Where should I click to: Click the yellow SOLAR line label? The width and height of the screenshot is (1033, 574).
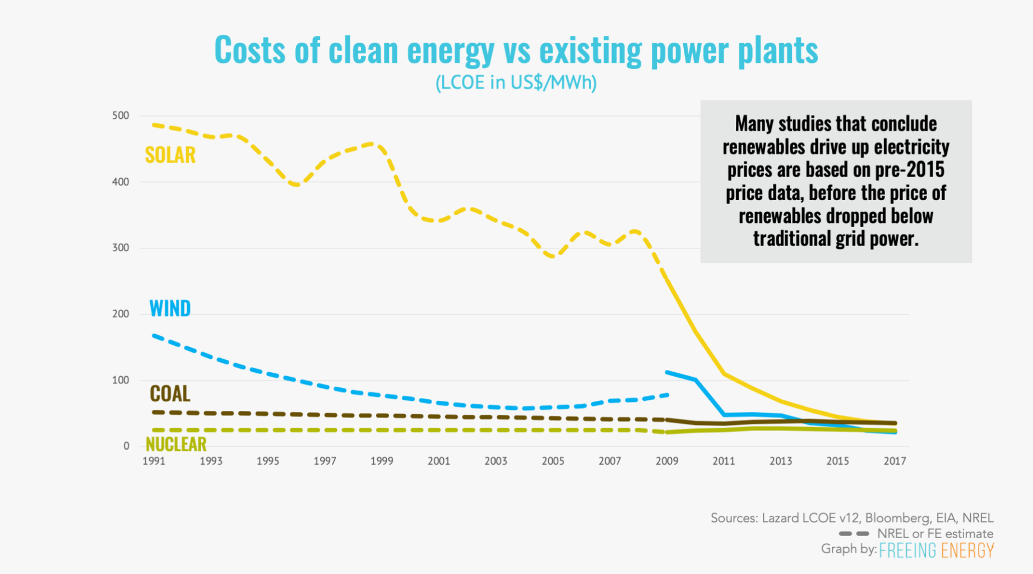coord(170,155)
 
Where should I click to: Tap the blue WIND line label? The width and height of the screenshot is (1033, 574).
coord(170,309)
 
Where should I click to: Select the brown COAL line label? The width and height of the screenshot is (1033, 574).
coord(170,394)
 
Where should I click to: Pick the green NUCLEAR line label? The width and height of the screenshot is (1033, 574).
coord(176,445)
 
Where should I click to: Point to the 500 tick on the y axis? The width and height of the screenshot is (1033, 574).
coord(121,115)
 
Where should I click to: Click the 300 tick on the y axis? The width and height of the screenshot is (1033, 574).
coord(121,248)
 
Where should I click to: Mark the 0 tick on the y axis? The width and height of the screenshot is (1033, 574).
coord(126,446)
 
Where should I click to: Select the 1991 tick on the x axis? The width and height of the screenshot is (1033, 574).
coord(154,461)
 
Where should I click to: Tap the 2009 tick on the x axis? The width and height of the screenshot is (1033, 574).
coord(666,461)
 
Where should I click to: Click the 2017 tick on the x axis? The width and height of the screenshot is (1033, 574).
coord(895,461)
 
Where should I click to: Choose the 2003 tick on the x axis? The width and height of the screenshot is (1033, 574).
coord(495,461)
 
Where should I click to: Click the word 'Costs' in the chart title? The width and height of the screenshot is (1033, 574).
coord(250,50)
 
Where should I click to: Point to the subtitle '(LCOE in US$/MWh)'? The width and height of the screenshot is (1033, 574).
coord(516,83)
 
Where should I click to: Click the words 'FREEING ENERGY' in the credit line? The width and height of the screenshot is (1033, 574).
coord(936,550)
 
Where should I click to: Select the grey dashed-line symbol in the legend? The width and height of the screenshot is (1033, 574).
coord(854,534)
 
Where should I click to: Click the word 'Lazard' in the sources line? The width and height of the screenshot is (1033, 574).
coord(780,518)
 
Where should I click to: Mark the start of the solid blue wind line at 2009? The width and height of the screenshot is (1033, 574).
coord(667,372)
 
